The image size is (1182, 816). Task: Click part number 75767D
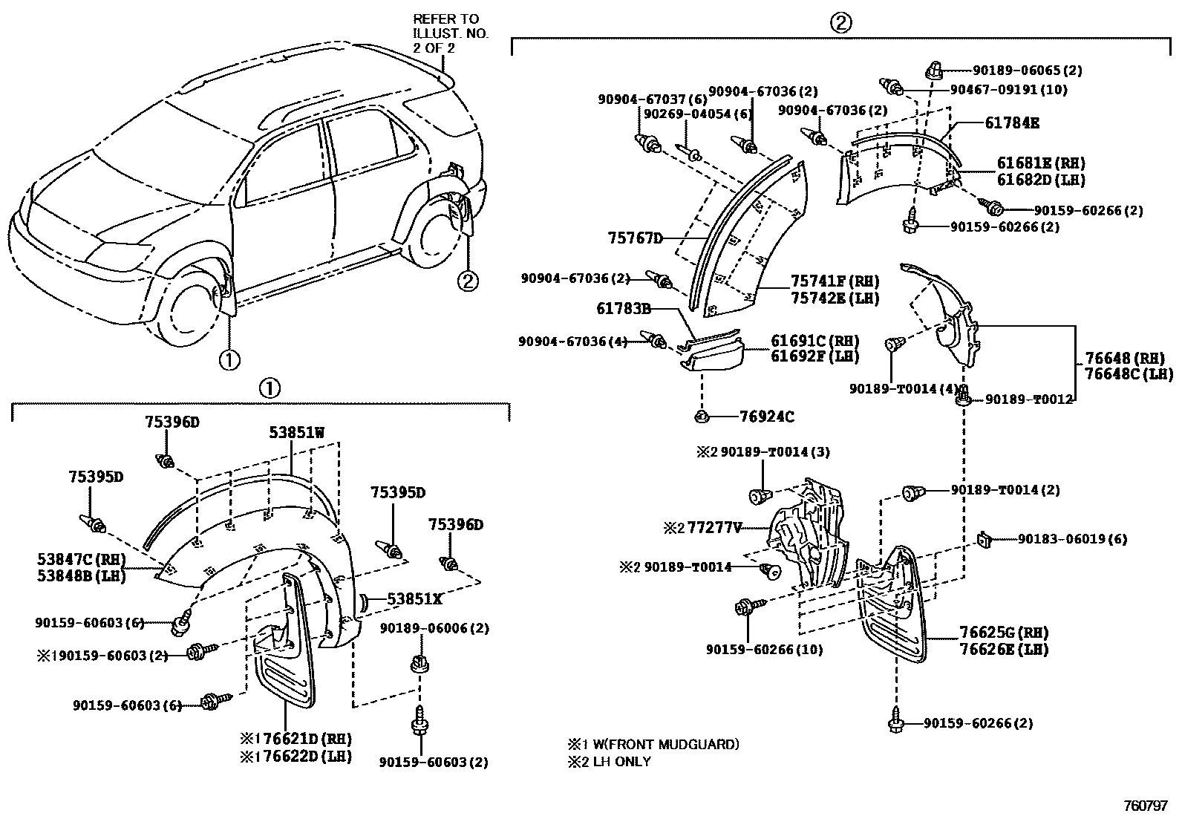[634, 238]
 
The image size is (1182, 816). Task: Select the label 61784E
[1012, 123]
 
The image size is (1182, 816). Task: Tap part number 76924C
[766, 417]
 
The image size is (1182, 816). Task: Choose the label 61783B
[624, 307]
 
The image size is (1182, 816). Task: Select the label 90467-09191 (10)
[1009, 89]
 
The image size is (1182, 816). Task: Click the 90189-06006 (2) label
[434, 628]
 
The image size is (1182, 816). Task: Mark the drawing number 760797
[1146, 804]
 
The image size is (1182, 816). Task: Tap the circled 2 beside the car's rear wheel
[468, 281]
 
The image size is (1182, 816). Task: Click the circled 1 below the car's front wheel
[229, 359]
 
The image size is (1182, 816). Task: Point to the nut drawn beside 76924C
[702, 416]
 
